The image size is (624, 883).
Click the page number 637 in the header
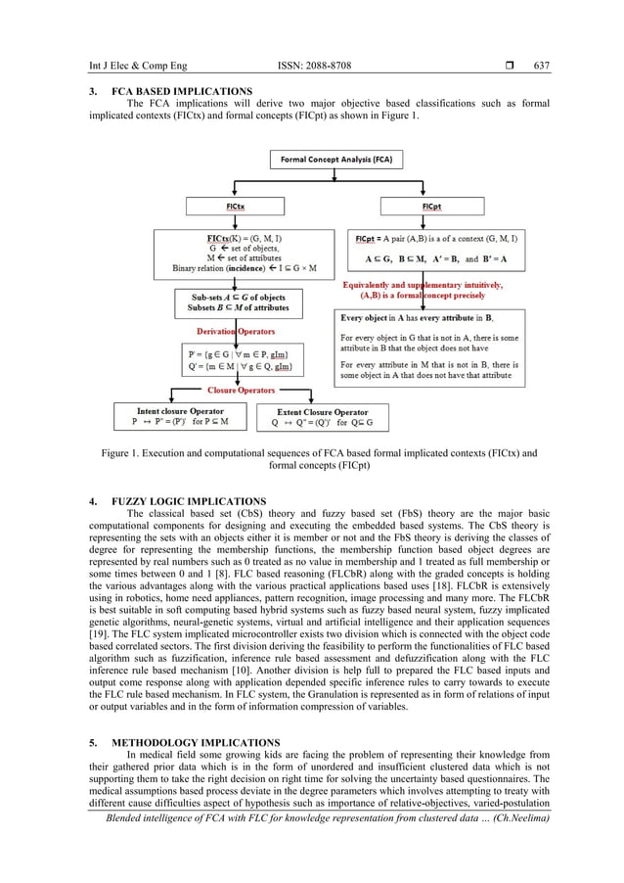pos(541,67)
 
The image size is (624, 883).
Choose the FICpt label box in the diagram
pos(431,208)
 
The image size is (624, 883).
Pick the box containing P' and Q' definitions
pos(236,359)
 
